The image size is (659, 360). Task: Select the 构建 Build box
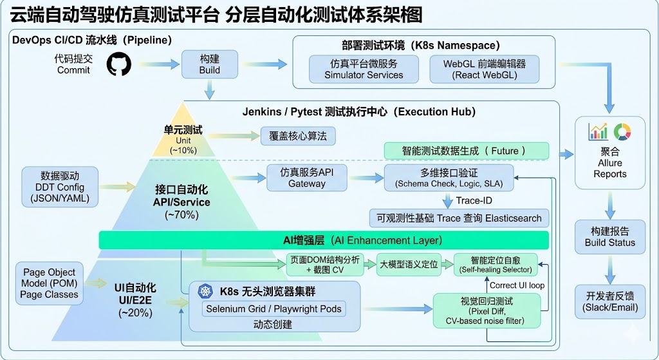(209, 64)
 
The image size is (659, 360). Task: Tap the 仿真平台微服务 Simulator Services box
(364, 70)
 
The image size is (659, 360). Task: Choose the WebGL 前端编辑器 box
(484, 70)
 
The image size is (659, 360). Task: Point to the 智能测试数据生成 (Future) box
(467, 151)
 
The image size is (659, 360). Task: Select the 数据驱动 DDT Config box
(60, 187)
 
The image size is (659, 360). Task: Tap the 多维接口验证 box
(449, 178)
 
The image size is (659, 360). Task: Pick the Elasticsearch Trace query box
(459, 218)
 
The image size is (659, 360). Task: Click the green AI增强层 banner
(323, 240)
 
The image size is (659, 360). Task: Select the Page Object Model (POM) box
(49, 283)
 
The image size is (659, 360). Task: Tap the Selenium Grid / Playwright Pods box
(274, 308)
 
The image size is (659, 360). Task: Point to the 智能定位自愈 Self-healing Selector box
(496, 265)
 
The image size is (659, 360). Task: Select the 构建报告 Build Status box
(609, 236)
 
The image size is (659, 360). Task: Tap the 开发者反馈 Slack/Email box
(609, 301)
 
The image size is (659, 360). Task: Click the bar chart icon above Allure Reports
(598, 132)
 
